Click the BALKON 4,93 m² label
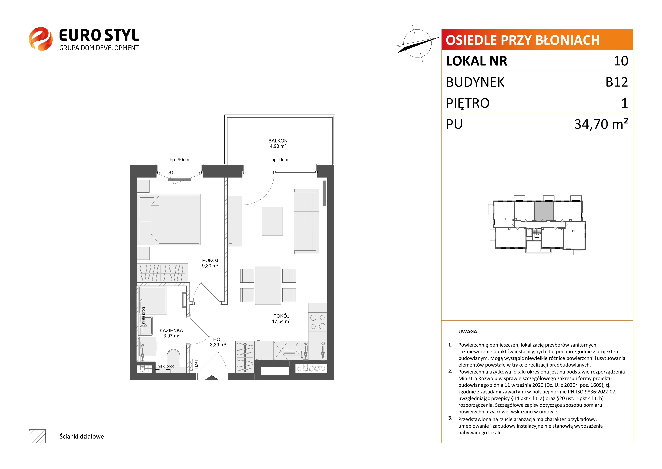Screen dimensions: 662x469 point(278,143)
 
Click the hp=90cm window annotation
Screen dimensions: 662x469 point(179,160)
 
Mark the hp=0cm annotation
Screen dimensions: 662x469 point(280,160)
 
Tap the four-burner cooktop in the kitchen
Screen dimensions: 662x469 point(318,322)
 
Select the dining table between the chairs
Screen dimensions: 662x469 point(268,285)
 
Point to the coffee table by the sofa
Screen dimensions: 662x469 point(272,221)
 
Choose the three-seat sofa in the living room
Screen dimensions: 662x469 point(307,221)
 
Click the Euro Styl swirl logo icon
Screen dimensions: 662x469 point(41,39)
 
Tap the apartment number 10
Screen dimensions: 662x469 point(621,61)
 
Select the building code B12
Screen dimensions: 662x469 point(617,82)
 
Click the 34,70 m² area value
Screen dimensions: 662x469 point(601,124)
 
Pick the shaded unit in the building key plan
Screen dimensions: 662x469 point(543,211)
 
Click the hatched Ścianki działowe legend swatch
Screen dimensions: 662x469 point(37,436)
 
